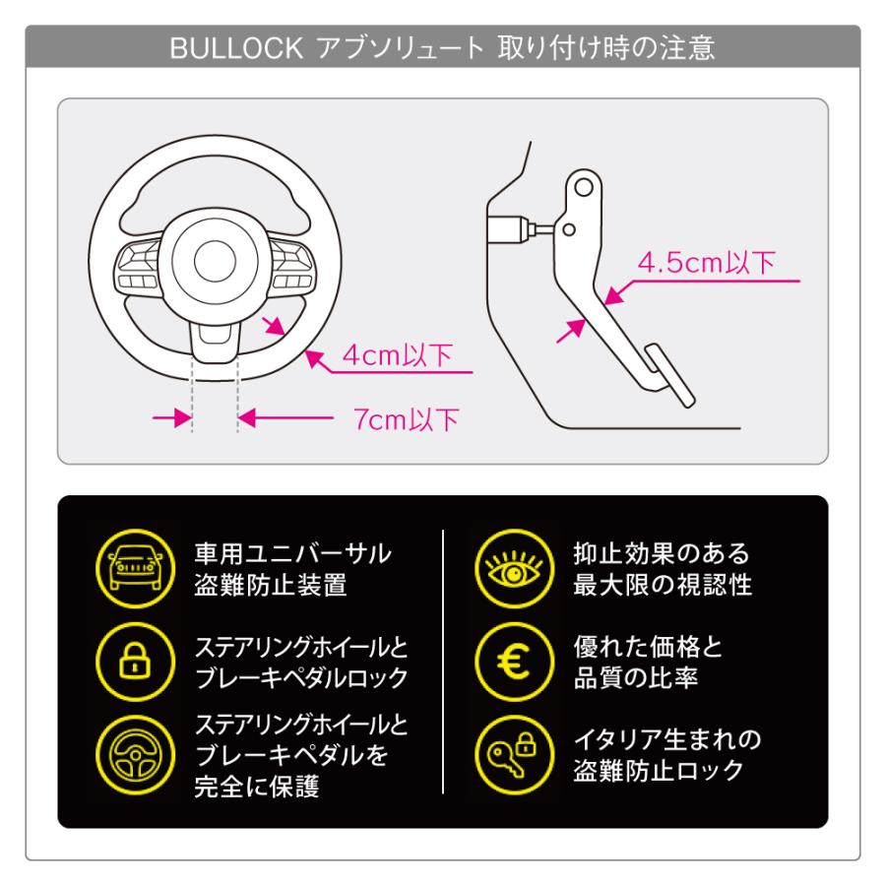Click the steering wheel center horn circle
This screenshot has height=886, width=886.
(x=211, y=263)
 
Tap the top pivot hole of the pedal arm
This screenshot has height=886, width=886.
(x=583, y=186)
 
